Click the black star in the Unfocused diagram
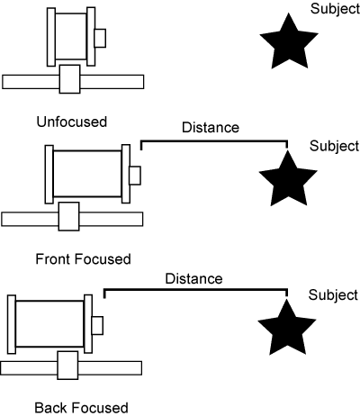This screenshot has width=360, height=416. click(289, 42)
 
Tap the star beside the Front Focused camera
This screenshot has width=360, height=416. click(288, 179)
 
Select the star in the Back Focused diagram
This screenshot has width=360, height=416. click(287, 329)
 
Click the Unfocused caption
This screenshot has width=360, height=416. click(72, 122)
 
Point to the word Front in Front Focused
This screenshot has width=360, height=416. click(53, 258)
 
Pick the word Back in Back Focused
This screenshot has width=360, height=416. click(51, 408)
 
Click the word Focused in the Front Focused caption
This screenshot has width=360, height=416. click(103, 258)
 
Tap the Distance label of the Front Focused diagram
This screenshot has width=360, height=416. click(211, 128)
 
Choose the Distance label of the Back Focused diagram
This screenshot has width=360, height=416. click(193, 279)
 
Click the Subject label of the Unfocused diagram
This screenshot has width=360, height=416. click(335, 9)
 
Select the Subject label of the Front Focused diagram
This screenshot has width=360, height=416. click(334, 146)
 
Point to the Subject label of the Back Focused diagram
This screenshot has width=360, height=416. click(333, 295)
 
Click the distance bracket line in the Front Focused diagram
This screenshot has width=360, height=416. click(214, 140)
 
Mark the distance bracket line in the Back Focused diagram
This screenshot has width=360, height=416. click(195, 290)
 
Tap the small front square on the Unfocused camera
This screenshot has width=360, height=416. click(100, 38)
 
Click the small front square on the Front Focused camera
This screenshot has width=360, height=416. click(135, 176)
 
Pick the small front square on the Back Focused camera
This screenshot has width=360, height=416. click(97, 325)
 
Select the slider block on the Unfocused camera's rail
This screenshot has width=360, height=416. click(70, 79)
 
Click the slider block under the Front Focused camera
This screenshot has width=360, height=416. click(69, 216)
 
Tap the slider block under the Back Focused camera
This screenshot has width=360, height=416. click(67, 366)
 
